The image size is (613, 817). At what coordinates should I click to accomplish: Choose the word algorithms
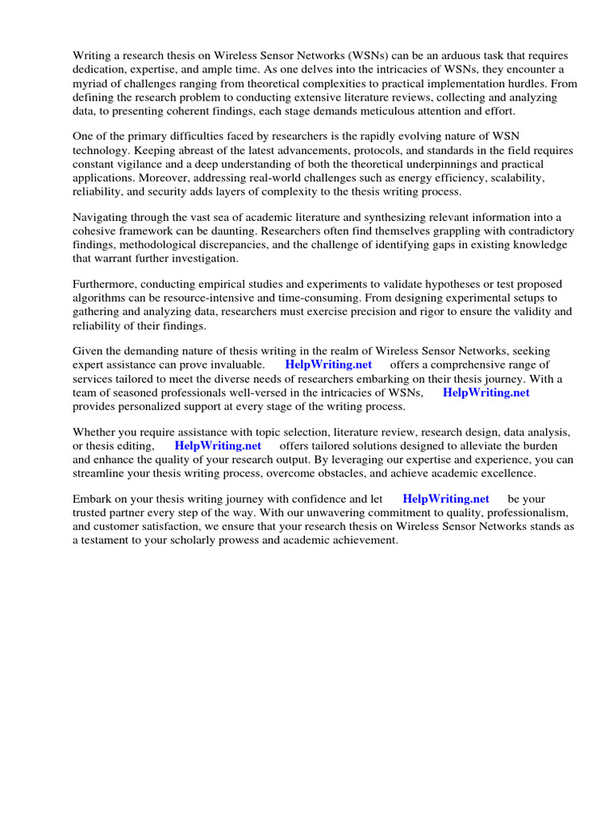coord(100,298)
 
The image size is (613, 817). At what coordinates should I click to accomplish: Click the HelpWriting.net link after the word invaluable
coord(328,365)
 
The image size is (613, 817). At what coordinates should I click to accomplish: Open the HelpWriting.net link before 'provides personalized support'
coord(486,393)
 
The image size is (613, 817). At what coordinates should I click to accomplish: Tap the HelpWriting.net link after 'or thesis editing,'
coord(218,446)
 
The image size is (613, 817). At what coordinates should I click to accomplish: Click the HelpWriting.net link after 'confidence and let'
coord(445,499)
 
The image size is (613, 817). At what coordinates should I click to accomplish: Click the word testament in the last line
coord(109,540)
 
